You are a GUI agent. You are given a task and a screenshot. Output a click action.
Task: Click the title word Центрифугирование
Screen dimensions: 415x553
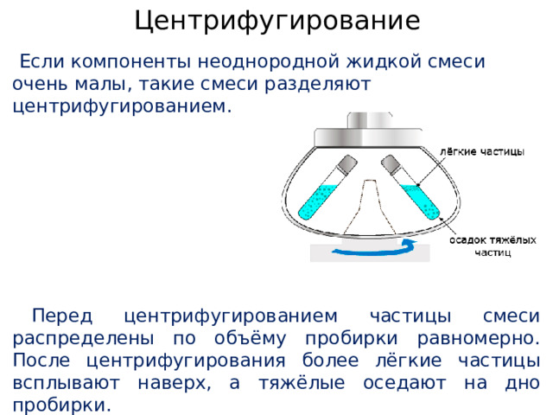click(276, 20)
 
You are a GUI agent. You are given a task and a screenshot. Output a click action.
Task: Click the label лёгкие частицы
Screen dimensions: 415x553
click(481, 151)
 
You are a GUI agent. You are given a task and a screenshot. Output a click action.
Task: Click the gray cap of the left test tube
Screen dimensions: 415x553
click(345, 164)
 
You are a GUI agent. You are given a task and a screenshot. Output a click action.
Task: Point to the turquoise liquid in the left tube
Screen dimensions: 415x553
click(317, 201)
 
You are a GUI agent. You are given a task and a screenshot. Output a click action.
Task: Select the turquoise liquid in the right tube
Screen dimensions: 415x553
click(423, 201)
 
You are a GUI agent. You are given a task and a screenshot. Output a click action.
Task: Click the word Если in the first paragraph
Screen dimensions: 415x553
click(40, 63)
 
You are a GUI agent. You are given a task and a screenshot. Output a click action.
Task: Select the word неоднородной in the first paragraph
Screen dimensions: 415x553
click(264, 63)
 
